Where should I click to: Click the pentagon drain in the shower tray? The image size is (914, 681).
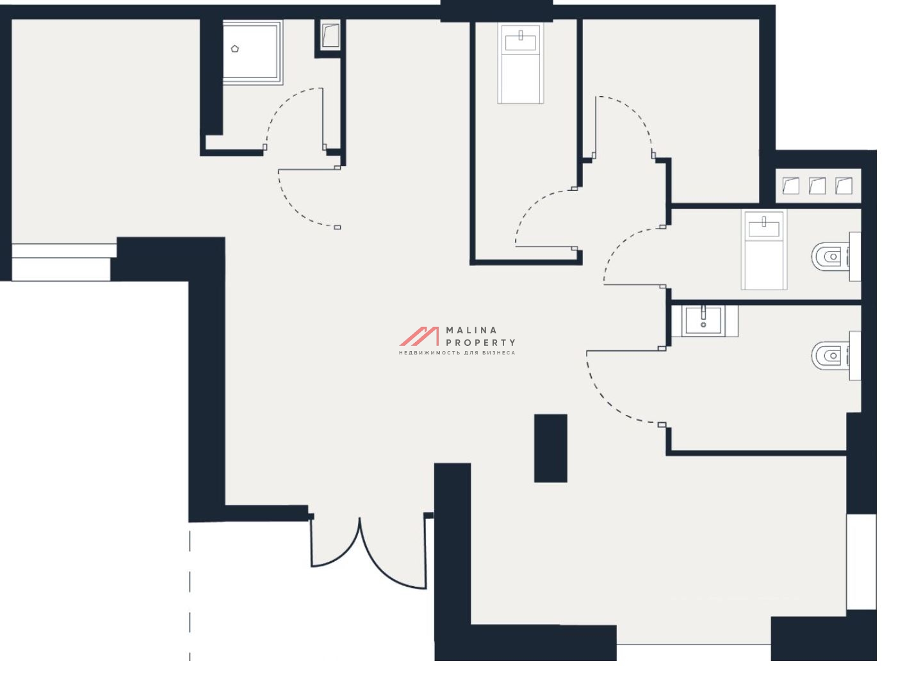[235, 49]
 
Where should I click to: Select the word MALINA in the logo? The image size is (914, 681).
[471, 330]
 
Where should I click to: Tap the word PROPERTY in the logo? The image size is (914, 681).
[480, 343]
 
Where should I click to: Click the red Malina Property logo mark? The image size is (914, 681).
[419, 336]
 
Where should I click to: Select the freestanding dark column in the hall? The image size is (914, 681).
[550, 448]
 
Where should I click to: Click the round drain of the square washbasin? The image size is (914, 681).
[703, 325]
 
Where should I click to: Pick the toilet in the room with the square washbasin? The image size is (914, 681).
[836, 356]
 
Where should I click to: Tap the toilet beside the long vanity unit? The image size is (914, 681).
[836, 256]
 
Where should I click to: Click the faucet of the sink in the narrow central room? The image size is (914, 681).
[521, 35]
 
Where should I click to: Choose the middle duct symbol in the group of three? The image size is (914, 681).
[817, 186]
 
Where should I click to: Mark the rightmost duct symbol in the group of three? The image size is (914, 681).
[844, 186]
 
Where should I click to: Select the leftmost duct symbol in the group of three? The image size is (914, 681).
[790, 186]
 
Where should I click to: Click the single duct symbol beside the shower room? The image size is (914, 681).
[330, 35]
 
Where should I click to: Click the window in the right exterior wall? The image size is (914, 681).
[861, 561]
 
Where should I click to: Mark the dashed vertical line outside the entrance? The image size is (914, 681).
[190, 596]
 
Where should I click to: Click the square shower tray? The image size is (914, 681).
[252, 53]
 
